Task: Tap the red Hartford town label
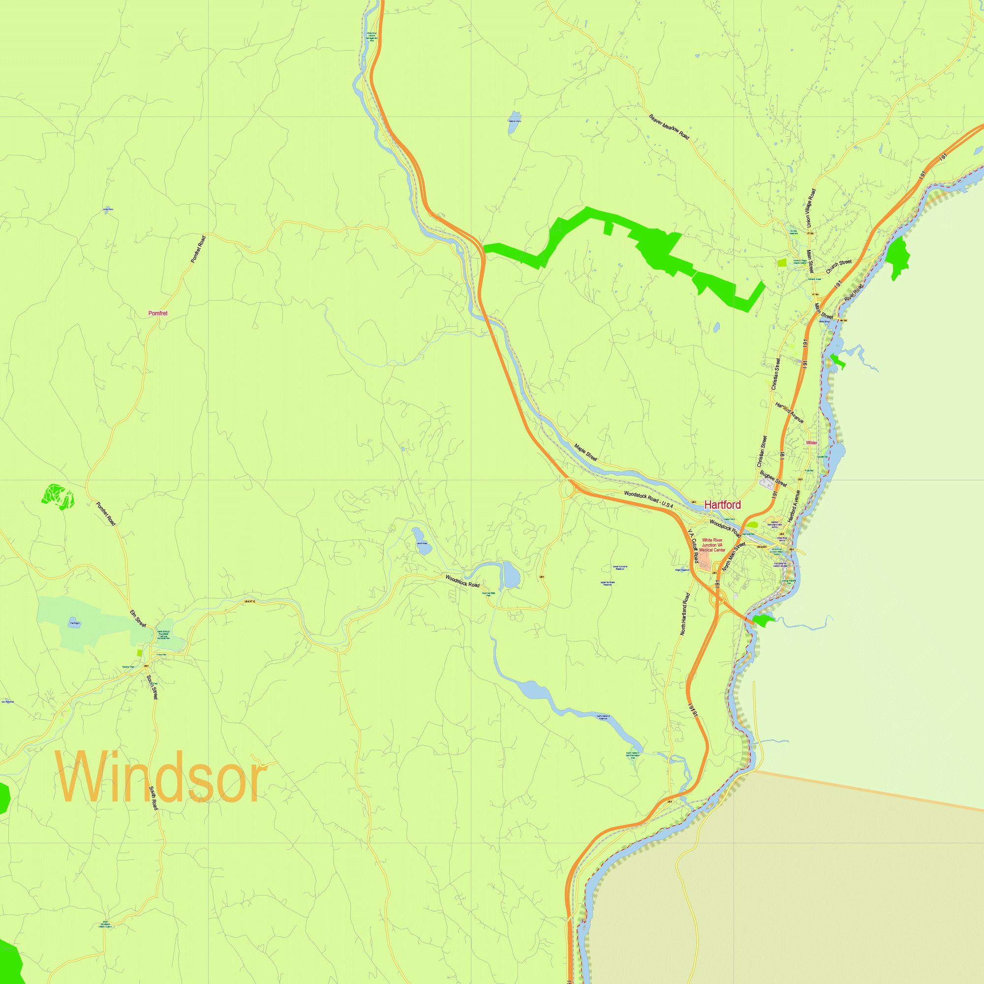(722, 505)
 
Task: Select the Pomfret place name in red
(158, 313)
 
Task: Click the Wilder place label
(811, 443)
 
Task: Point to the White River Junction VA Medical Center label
(712, 545)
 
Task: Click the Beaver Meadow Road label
(669, 127)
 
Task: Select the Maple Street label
(585, 452)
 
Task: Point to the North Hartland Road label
(685, 614)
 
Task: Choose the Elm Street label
(138, 618)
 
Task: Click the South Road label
(154, 798)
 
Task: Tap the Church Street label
(838, 266)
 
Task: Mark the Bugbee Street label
(773, 479)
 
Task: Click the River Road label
(854, 293)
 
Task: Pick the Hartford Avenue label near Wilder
(790, 413)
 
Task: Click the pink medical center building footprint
(705, 561)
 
